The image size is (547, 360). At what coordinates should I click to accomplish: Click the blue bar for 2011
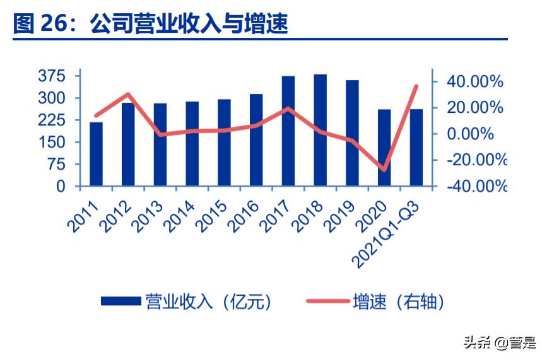coord(96,154)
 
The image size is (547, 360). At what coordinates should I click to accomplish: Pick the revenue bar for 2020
coord(384,148)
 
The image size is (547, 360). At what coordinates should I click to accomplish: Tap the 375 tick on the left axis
coord(51,76)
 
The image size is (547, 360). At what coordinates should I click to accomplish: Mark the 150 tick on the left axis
coord(51,142)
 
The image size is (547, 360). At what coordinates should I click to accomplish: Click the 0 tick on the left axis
coord(61,187)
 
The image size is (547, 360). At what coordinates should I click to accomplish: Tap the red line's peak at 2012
coord(128,95)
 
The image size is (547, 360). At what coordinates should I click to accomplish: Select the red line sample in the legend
coord(327,302)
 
